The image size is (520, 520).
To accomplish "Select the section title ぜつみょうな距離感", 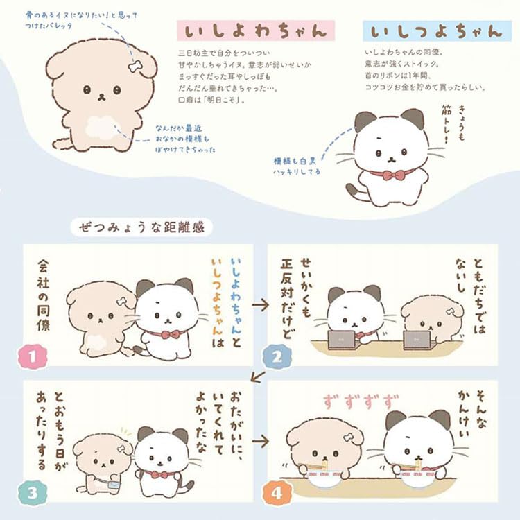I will click(143, 227).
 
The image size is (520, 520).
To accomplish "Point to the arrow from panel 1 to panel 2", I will click(260, 304).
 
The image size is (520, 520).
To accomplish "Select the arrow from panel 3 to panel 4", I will click(260, 440).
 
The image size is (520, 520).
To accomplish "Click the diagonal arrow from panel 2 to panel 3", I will click(258, 376).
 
